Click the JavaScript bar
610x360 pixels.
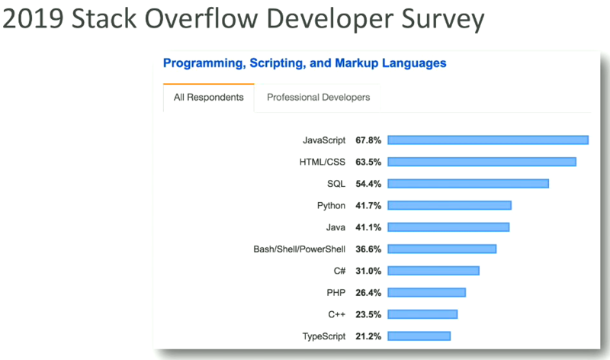click(x=488, y=140)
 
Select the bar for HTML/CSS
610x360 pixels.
click(x=482, y=162)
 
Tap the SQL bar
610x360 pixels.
click(x=468, y=183)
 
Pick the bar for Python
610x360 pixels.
click(x=449, y=205)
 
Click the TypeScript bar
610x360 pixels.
click(x=419, y=336)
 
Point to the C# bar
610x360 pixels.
click(x=433, y=270)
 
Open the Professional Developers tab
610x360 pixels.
click(x=318, y=98)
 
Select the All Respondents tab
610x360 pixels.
click(x=209, y=98)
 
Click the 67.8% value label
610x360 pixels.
click(x=368, y=140)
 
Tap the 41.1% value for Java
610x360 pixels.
click(x=368, y=227)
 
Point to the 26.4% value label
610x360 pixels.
click(x=368, y=292)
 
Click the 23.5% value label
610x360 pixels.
click(x=368, y=314)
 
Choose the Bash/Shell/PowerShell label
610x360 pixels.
click(x=300, y=249)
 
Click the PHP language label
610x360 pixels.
click(x=336, y=292)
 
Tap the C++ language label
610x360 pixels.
click(x=336, y=314)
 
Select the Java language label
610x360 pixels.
click(x=335, y=227)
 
